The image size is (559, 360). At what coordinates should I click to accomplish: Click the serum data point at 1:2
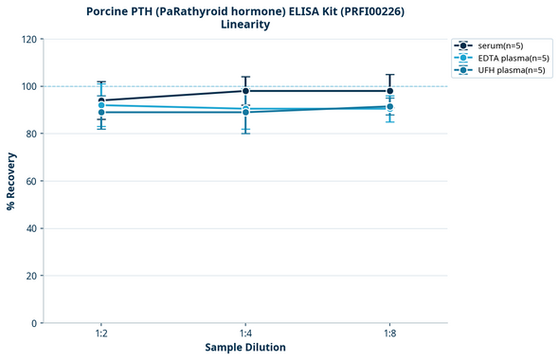(101, 100)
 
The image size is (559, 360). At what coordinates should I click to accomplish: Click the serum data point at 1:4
(245, 91)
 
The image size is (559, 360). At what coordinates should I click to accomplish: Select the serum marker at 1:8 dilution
(389, 91)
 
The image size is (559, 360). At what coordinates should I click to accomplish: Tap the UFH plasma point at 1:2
(101, 113)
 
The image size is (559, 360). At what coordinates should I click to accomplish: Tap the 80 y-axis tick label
(30, 134)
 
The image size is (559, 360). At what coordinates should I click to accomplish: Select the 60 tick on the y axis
(30, 181)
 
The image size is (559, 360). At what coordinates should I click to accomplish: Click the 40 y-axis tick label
(30, 228)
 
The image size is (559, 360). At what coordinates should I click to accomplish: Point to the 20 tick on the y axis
(30, 276)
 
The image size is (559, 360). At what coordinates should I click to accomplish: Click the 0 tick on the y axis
(33, 323)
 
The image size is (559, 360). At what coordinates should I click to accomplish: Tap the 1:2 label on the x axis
(101, 334)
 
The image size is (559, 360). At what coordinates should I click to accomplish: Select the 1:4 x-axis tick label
(245, 334)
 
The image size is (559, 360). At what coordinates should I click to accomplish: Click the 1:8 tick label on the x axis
(389, 334)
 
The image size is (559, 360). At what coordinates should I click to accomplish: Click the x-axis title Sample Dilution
(245, 348)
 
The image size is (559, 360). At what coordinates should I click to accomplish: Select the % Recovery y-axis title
(11, 181)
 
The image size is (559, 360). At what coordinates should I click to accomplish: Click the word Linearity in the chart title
(244, 25)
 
